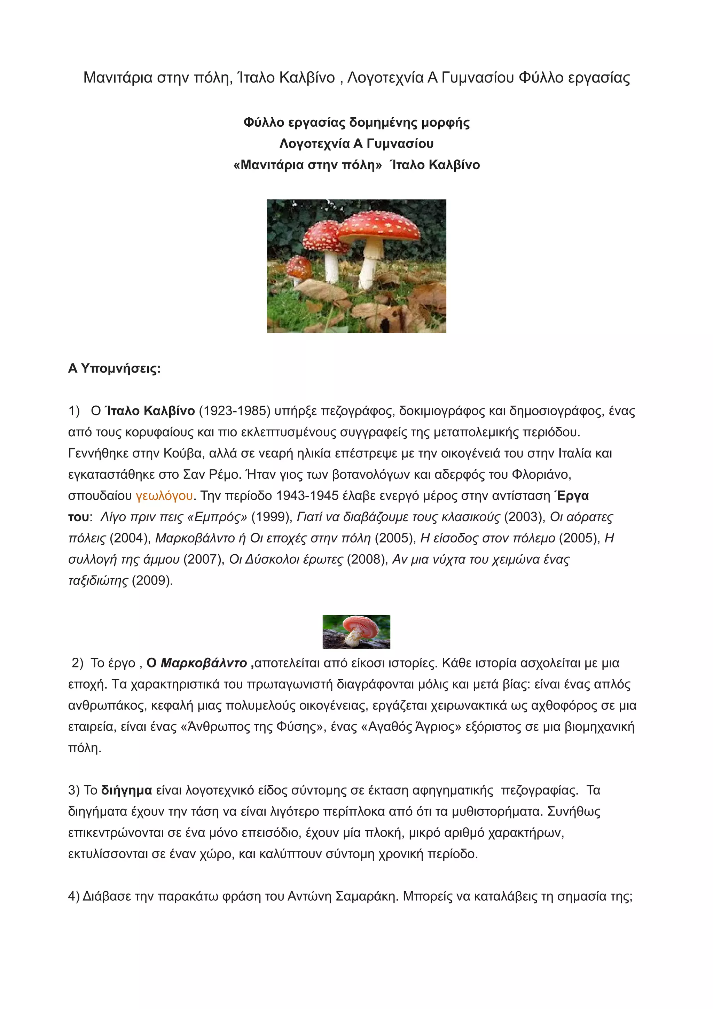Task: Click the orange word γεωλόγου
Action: tap(164, 496)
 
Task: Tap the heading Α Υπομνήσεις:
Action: tap(114, 368)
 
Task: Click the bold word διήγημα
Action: tap(126, 791)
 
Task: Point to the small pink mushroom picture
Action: tap(356, 632)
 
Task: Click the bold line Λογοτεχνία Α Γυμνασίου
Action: tap(356, 144)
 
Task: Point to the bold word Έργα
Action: tap(572, 496)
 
